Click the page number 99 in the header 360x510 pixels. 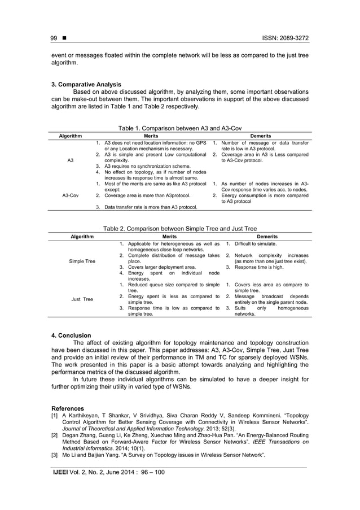click(x=54, y=38)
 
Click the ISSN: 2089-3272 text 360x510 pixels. click(x=282, y=38)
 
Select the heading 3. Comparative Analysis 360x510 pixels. click(x=86, y=85)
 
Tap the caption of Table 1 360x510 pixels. click(x=179, y=129)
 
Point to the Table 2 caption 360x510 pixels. click(x=179, y=229)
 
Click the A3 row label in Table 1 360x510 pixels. click(x=70, y=161)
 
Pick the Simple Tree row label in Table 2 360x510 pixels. click(x=82, y=262)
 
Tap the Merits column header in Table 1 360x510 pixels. click(x=151, y=136)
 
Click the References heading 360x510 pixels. click(x=68, y=408)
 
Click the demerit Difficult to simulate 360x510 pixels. click(x=255, y=244)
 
